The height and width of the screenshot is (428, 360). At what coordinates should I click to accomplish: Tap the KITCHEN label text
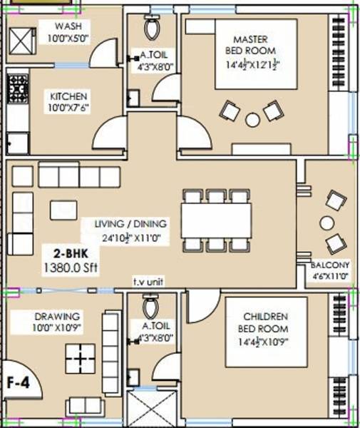tap(68, 96)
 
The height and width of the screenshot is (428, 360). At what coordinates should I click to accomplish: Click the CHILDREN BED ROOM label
tap(265, 322)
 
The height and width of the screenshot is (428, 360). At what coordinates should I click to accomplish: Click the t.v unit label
tap(149, 282)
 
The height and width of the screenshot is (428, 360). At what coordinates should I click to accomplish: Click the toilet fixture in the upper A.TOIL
tap(152, 28)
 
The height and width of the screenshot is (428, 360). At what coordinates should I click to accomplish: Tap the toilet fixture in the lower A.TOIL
tap(151, 307)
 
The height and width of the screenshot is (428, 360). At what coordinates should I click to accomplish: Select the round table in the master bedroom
tap(252, 120)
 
